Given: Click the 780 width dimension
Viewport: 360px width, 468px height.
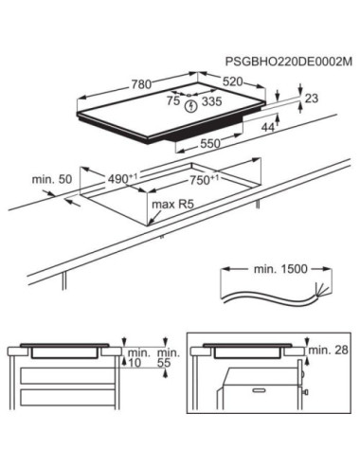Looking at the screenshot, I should pos(140,85).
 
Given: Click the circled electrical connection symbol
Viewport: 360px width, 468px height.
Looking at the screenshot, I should pos(192,107).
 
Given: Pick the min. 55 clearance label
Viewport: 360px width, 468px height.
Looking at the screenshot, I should pos(167,362).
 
